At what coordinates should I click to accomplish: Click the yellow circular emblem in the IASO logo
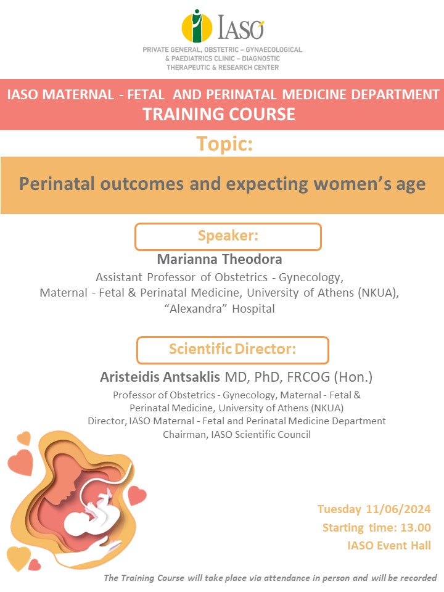[196, 27]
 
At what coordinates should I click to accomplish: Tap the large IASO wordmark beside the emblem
[240, 27]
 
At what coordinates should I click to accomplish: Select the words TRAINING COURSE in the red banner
[219, 114]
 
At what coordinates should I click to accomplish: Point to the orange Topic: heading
[224, 144]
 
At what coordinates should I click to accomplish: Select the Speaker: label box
[228, 236]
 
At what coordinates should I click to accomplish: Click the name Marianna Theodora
[220, 260]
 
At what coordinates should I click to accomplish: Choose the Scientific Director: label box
[232, 350]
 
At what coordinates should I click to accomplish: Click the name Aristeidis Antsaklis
[160, 377]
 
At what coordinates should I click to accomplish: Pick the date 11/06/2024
[398, 509]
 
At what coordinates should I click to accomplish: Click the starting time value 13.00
[415, 527]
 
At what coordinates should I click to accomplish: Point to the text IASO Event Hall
[389, 545]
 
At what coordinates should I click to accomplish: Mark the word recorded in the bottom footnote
[418, 578]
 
